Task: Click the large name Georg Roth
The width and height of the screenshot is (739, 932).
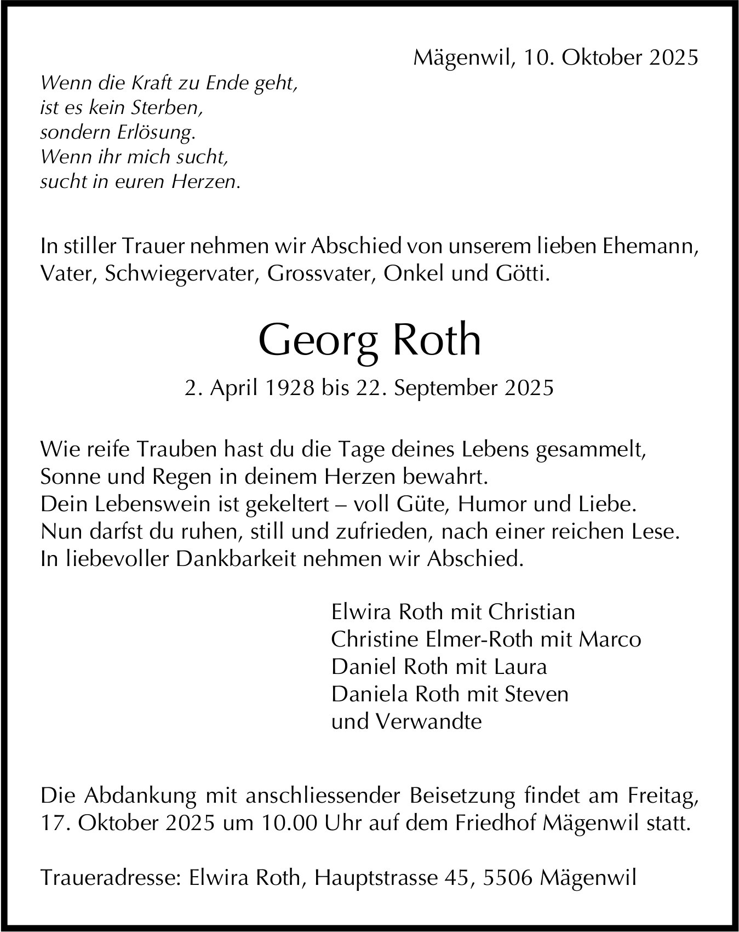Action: click(369, 340)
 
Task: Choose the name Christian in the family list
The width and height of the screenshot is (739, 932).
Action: click(531, 611)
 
